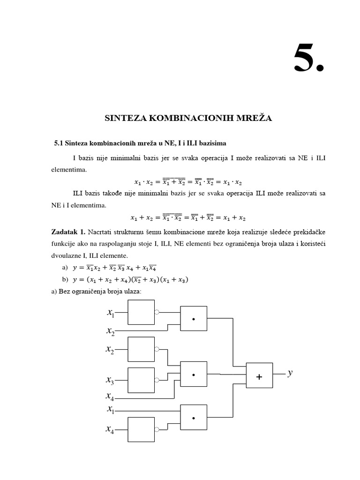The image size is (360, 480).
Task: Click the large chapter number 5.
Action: pos(308,59)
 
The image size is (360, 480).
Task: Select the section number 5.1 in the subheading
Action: pos(59,142)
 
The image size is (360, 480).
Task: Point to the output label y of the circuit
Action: pos(290,373)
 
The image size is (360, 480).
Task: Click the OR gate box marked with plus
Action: pos(259,375)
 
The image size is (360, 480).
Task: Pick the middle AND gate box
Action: pos(194,375)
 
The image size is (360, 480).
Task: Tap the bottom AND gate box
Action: pos(194,417)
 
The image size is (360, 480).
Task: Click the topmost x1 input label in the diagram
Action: pos(111,312)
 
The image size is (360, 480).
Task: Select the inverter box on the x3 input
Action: pos(141,380)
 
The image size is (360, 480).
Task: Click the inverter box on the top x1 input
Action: pos(141,312)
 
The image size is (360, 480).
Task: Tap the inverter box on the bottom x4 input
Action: pos(141,429)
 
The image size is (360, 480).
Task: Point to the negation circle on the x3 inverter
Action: pos(157,380)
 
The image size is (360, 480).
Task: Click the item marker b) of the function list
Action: pos(65,280)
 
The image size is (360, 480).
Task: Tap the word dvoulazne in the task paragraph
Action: pos(66,255)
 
